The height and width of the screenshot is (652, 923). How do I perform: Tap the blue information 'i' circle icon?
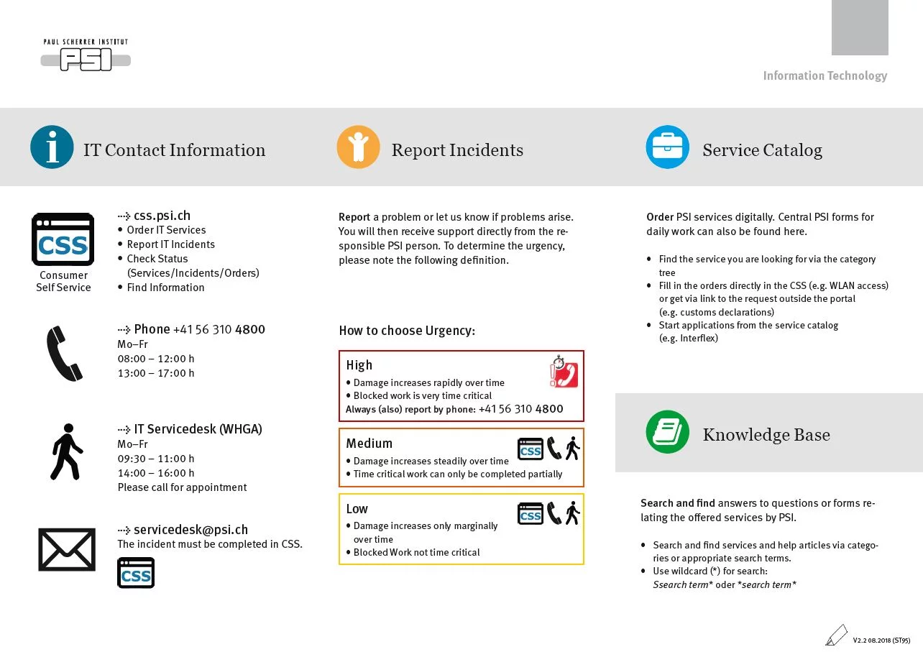click(52, 147)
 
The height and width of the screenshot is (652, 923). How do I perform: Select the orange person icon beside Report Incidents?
click(358, 147)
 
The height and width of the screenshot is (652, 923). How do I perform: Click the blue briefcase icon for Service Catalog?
click(667, 147)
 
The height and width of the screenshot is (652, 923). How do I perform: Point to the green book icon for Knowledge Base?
click(667, 432)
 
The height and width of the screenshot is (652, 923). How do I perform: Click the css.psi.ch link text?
click(162, 216)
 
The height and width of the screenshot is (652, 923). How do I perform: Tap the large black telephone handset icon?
click(64, 353)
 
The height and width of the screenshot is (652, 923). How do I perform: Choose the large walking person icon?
click(66, 452)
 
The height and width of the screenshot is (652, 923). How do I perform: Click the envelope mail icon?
click(66, 550)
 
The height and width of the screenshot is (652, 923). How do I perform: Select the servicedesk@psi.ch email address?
click(190, 530)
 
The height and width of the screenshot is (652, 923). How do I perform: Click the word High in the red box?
click(359, 365)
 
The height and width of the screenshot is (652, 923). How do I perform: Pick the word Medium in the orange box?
click(369, 444)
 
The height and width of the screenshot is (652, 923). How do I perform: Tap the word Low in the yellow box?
click(357, 509)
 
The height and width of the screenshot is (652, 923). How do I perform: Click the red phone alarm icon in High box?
click(564, 372)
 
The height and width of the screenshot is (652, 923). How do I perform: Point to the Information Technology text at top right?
click(825, 76)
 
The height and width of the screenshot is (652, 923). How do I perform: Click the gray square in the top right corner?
click(860, 27)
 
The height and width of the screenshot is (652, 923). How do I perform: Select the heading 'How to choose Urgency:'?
click(407, 331)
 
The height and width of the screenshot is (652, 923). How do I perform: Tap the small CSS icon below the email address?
click(136, 573)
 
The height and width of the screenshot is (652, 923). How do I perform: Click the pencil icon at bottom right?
click(836, 635)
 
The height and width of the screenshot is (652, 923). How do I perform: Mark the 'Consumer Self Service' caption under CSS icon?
click(63, 281)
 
